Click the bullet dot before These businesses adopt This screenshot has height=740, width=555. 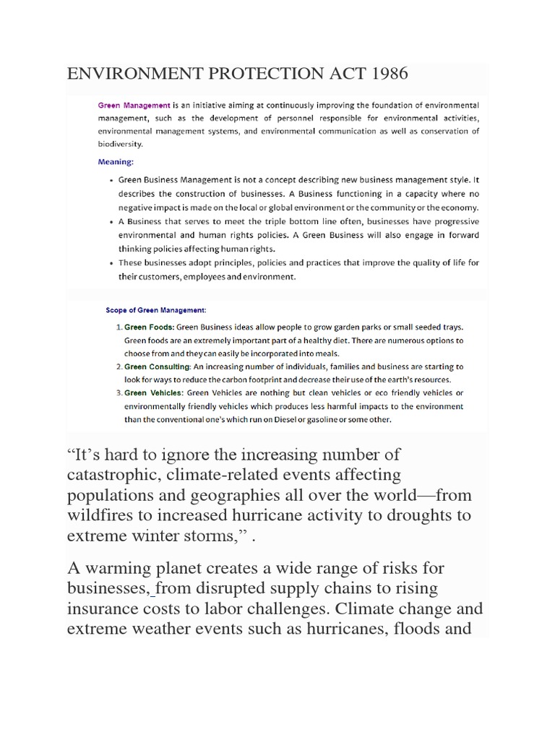pos(109,263)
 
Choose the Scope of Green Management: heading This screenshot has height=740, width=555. pos(156,310)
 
